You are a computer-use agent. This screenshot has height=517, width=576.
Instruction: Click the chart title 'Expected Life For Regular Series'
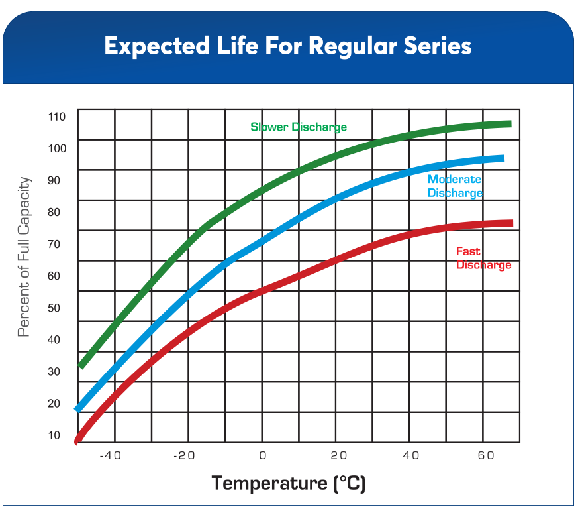tap(287, 46)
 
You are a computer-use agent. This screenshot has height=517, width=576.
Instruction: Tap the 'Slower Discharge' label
tap(299, 127)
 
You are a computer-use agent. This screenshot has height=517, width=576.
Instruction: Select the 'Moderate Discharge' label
tap(455, 186)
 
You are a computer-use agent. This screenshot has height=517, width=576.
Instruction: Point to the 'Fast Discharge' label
tap(483, 258)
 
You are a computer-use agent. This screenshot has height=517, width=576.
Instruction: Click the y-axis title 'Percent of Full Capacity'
tap(24, 257)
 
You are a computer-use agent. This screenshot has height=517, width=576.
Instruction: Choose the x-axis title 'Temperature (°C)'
tap(288, 483)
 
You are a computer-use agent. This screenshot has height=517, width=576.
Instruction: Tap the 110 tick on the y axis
tap(58, 117)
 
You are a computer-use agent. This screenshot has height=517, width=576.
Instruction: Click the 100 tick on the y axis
tap(58, 148)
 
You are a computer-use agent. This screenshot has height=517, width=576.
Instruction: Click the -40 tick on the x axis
tap(111, 455)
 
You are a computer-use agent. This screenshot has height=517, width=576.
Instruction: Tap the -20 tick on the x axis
tap(185, 455)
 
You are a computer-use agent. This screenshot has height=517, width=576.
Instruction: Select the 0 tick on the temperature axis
tap(263, 455)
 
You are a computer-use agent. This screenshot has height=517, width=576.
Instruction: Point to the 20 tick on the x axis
tap(338, 455)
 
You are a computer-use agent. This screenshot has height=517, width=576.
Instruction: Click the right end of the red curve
tap(510, 223)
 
